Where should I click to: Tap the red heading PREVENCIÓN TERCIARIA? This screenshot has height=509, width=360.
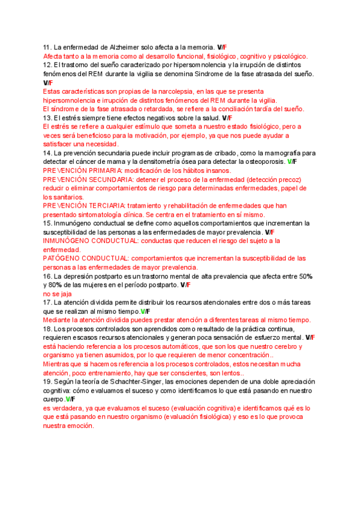(x=82, y=206)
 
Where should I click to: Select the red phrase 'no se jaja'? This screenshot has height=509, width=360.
(x=57, y=294)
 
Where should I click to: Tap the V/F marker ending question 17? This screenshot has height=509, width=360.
(x=145, y=312)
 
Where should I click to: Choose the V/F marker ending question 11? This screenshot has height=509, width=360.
(x=221, y=47)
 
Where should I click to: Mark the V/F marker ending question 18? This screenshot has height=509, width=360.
(x=310, y=338)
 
